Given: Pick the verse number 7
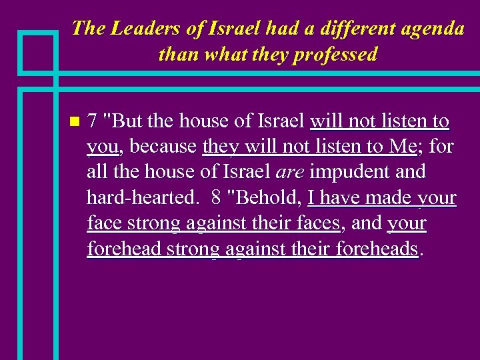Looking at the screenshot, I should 93,122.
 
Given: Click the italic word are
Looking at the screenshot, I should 290,173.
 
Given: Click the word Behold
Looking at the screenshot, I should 267,198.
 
